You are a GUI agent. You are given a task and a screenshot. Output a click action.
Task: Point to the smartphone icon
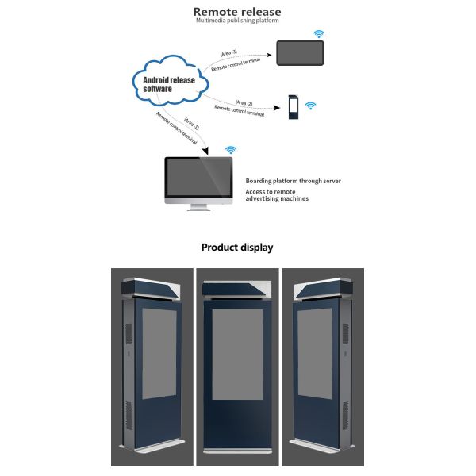point(292,107)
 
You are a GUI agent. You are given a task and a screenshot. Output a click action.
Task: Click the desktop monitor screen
point(198,179)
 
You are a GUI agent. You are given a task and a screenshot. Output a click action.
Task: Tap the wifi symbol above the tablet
point(319,34)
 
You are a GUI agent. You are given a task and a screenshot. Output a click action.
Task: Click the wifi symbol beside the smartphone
point(310,106)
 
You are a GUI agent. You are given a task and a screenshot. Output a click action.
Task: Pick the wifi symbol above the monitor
point(231,148)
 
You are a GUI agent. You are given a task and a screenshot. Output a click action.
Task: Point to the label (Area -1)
point(192,125)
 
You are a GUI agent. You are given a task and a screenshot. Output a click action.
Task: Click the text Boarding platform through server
point(293,181)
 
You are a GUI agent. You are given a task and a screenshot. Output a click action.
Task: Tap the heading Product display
point(237,248)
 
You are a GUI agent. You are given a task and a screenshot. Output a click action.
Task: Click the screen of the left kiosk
point(159,353)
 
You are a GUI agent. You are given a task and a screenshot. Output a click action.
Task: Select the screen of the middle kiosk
point(237,365)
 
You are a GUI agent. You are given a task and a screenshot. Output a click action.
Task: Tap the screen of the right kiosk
point(315,353)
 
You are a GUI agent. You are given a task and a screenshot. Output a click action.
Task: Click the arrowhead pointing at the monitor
point(206,151)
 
